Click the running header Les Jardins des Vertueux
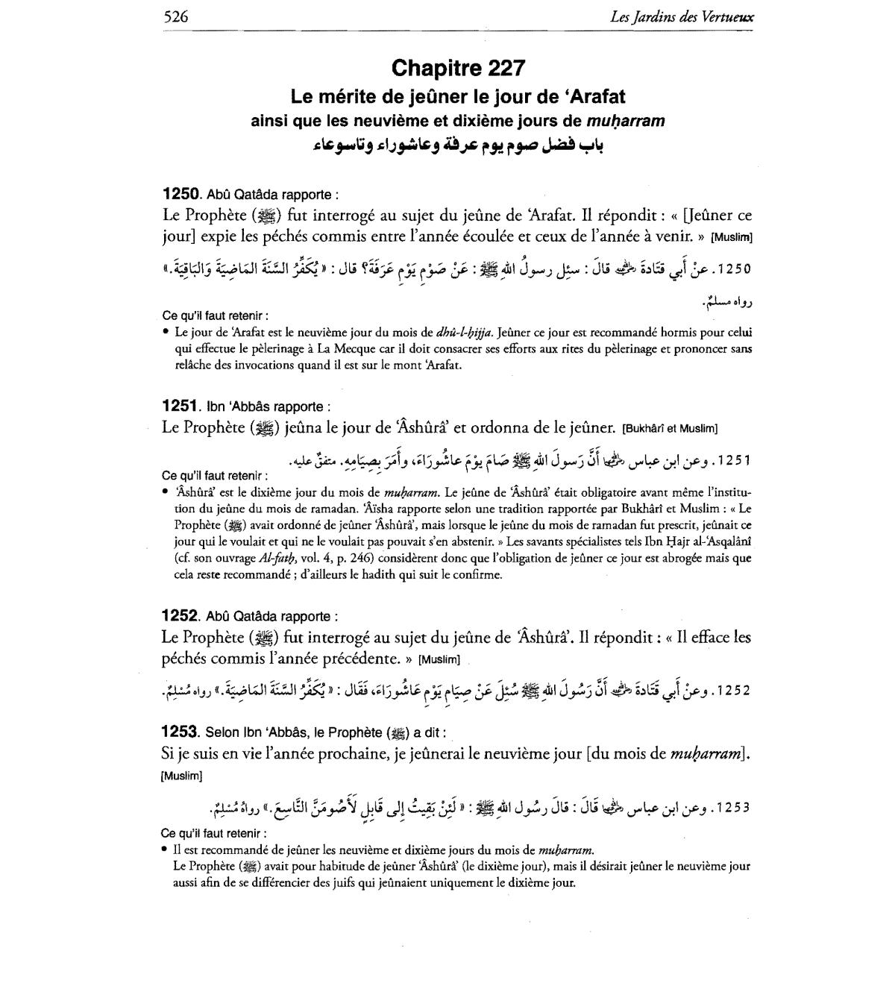coord(681,16)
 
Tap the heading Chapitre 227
coord(458,69)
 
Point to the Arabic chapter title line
coord(458,145)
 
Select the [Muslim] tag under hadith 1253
coord(181,776)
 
